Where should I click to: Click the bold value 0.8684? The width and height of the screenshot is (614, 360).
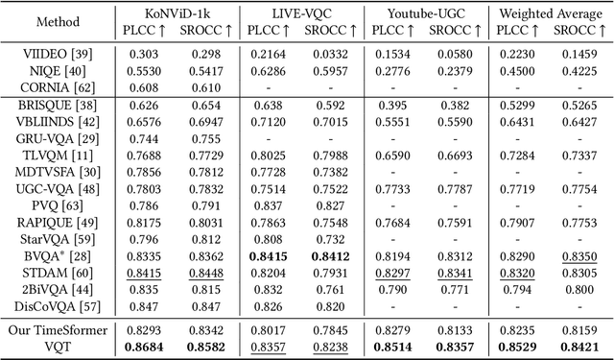pos(137,346)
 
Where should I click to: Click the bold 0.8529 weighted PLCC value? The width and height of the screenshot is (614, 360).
pos(517,346)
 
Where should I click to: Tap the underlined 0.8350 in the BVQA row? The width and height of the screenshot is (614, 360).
pos(579,256)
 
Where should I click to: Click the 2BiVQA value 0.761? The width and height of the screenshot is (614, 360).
pos(326,289)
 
